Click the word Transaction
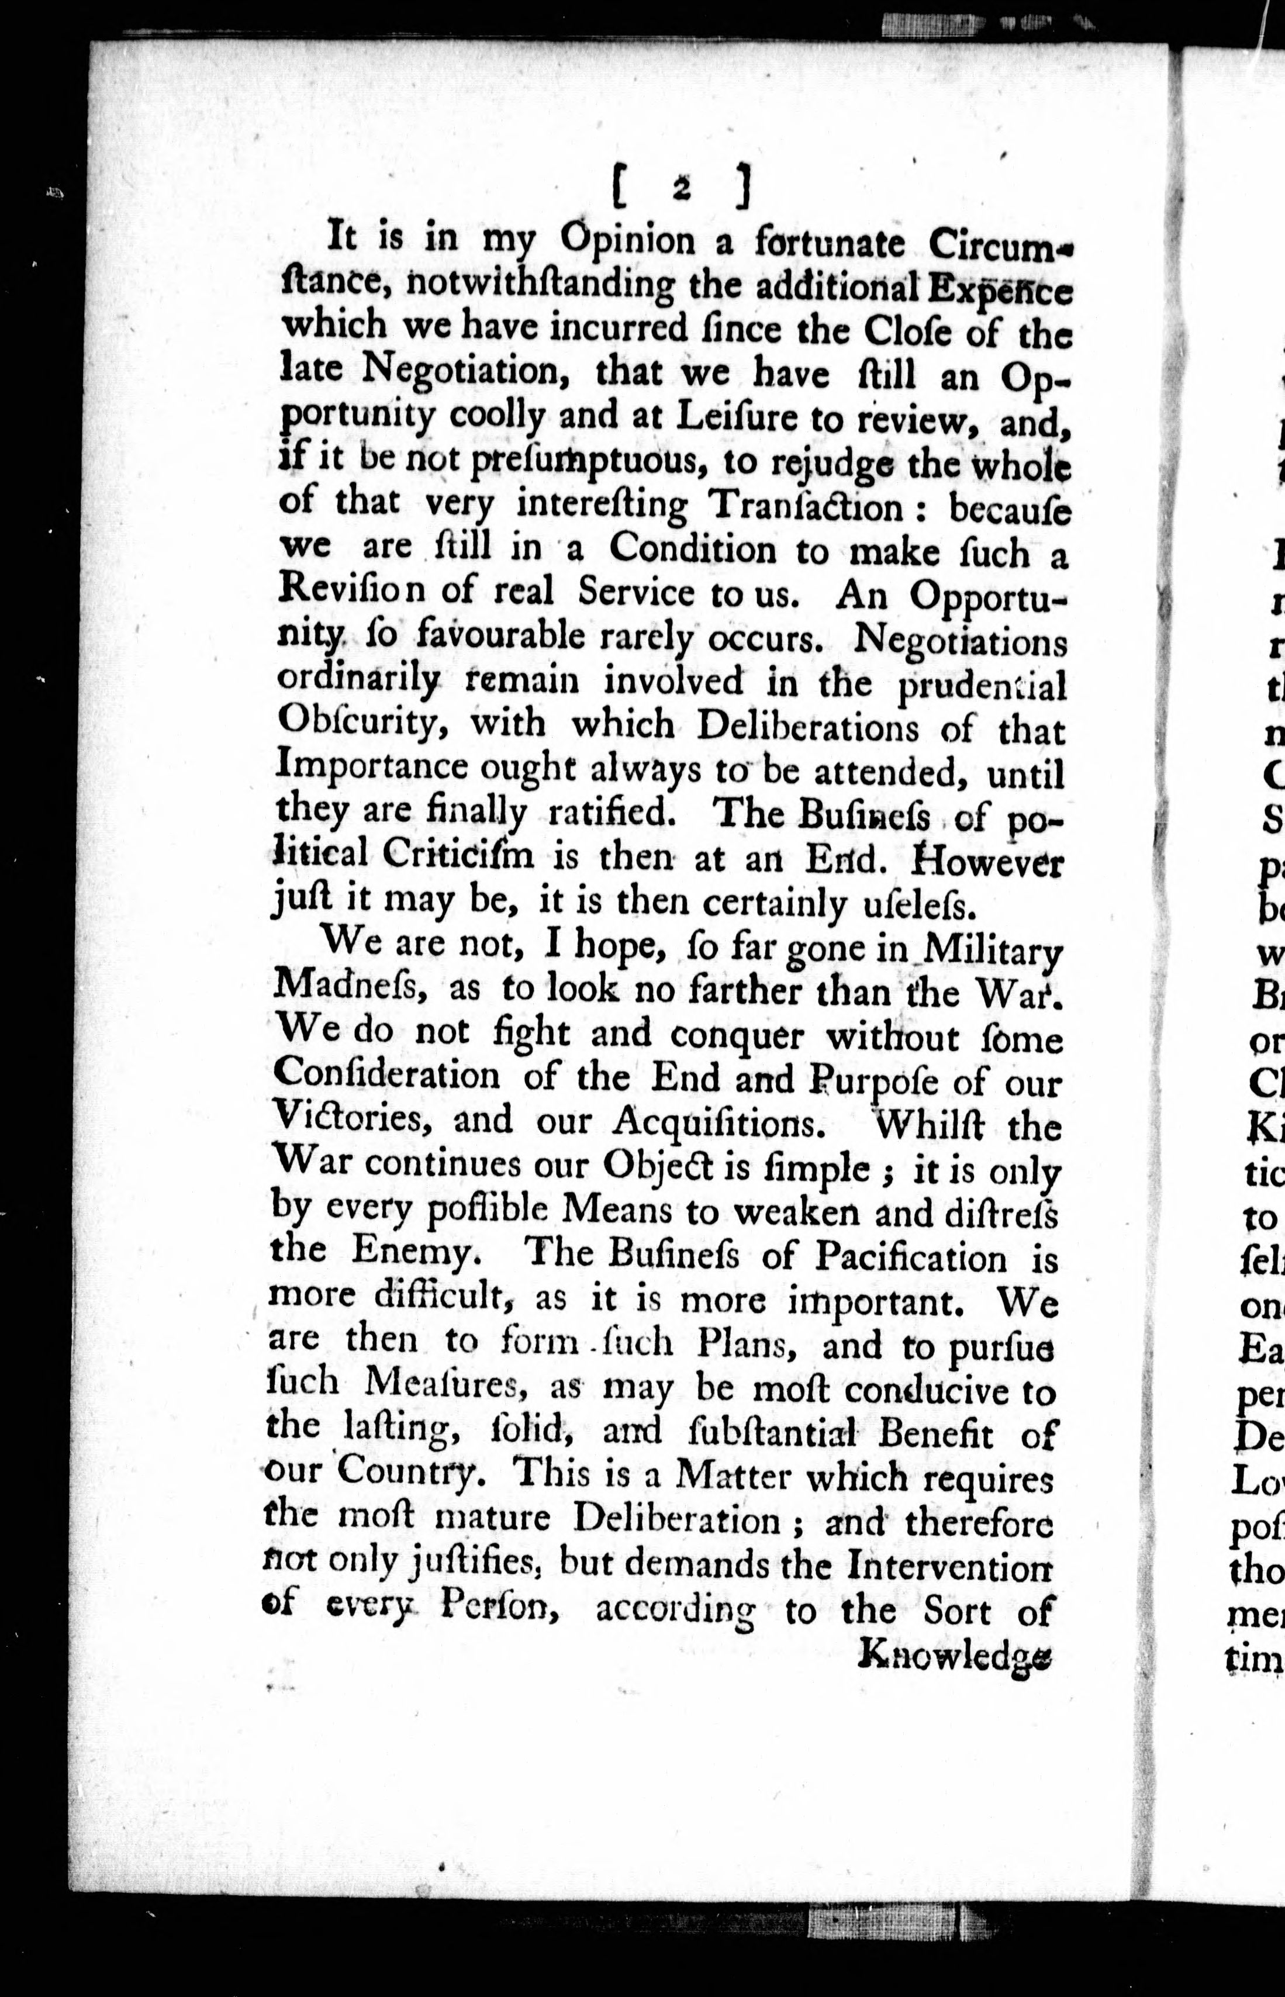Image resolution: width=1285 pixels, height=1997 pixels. click(x=806, y=506)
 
